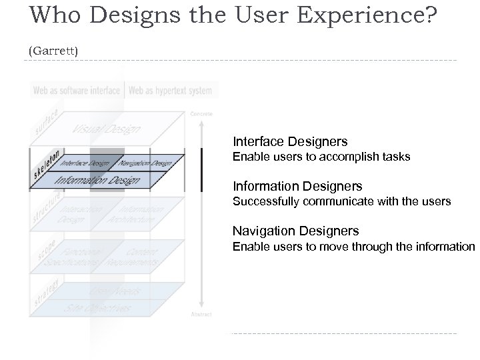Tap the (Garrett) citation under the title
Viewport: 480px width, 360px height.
coord(53,50)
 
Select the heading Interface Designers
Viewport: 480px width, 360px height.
coord(290,141)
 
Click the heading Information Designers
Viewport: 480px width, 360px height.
coord(297,186)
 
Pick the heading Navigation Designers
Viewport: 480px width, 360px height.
coord(295,231)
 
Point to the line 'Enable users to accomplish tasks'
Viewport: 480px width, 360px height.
coord(321,157)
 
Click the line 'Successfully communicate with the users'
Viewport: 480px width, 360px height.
coord(341,201)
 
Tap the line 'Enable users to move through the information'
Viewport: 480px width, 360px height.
coord(353,247)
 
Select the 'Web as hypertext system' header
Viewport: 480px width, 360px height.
coord(170,90)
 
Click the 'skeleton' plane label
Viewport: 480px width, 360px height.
coord(47,165)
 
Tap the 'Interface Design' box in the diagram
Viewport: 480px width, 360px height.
coord(85,161)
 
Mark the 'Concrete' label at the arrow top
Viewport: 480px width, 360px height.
coord(201,113)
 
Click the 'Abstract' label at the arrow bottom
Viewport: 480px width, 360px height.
coord(201,313)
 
